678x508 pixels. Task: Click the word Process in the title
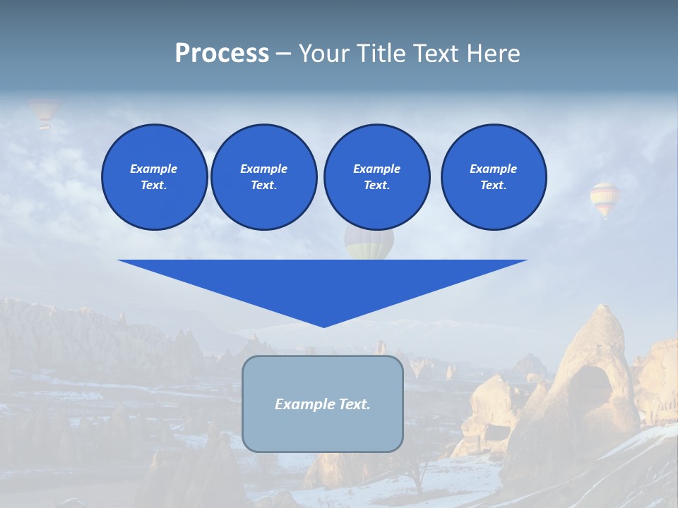[x=222, y=54]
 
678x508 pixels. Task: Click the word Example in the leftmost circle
[x=154, y=169]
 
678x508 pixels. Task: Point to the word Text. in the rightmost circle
[x=494, y=186]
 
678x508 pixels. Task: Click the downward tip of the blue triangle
[x=323, y=324]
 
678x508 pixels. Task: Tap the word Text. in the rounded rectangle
[x=354, y=404]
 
